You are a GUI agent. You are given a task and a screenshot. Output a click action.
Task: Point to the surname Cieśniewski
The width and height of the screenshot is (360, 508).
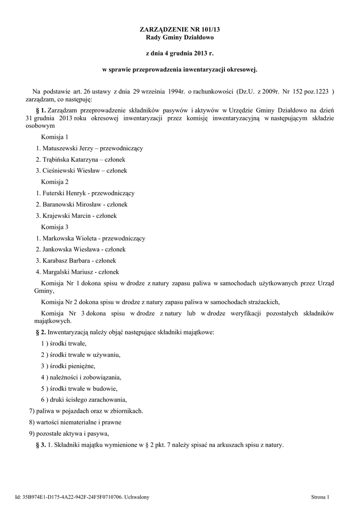62,170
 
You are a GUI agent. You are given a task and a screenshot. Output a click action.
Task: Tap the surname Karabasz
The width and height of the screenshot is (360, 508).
59,260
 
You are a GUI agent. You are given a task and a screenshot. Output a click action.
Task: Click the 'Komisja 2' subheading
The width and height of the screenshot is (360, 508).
55,182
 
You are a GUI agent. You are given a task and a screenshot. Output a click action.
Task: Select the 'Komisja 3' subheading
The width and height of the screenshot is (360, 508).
55,227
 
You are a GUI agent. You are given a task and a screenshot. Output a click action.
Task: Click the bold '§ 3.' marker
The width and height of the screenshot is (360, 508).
41,444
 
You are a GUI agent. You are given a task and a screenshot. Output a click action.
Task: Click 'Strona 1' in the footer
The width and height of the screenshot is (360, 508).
320,497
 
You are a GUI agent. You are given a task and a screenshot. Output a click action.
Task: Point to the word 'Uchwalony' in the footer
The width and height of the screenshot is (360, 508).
137,497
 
